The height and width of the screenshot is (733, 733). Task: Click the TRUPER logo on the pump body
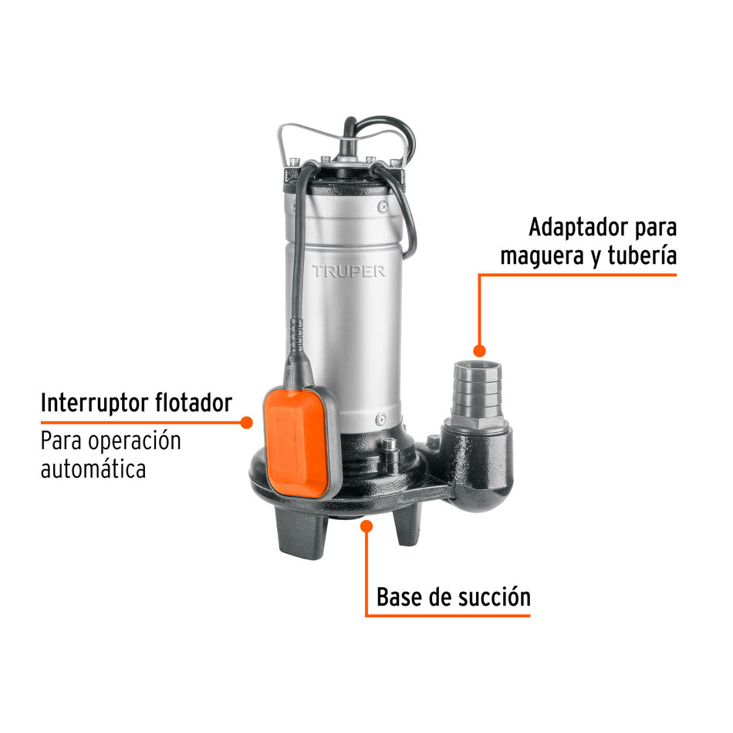click(x=349, y=272)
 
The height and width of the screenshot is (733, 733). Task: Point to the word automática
click(x=93, y=468)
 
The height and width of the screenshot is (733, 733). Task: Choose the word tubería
click(x=642, y=255)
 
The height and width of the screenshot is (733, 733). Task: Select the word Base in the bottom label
click(x=399, y=597)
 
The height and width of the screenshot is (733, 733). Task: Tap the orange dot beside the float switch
click(x=247, y=422)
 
